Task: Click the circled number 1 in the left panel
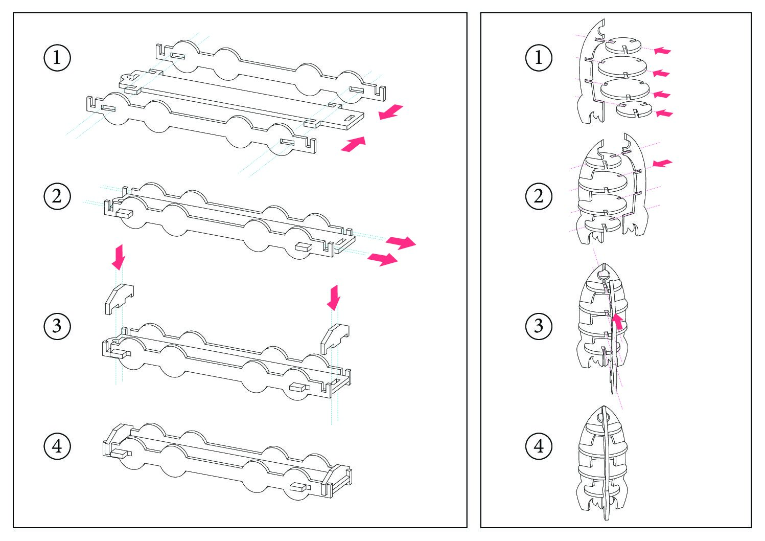pos(57,57)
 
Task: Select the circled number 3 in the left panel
pos(57,326)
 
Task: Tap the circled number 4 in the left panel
pos(57,446)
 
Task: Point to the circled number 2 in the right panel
pos(539,196)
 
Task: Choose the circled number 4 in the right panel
pos(539,446)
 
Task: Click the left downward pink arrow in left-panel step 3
pos(119,257)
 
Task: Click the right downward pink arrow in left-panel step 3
pos(334,297)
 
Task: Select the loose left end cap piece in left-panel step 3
pos(119,299)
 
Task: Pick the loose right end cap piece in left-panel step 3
pos(335,339)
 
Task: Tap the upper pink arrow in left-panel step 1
pos(391,112)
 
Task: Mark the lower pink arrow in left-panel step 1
pos(354,144)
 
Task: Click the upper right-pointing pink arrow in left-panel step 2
pos(401,242)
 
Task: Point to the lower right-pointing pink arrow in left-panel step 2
pos(382,259)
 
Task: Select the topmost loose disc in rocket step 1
pos(623,46)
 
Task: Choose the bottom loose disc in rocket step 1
pos(634,109)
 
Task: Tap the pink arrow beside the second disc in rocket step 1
pos(661,73)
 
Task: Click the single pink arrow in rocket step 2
pos(662,163)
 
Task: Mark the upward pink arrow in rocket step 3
pos(617,322)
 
